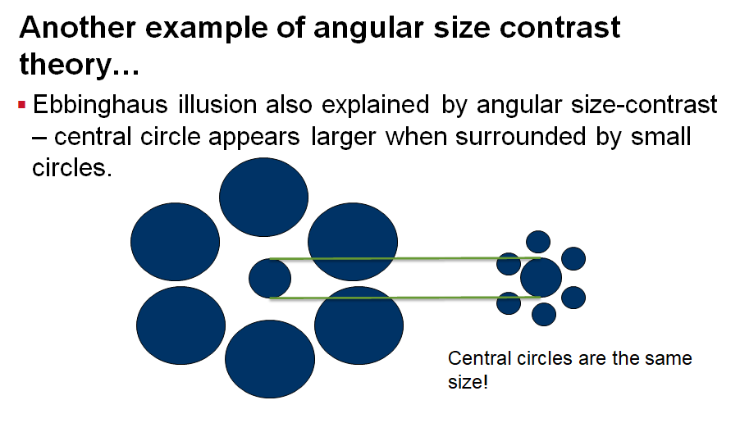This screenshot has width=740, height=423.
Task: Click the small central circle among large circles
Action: click(x=269, y=277)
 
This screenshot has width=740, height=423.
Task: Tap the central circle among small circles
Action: click(x=541, y=276)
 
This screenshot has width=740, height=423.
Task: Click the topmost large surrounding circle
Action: click(x=264, y=197)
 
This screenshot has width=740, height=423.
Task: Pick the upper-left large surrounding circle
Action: click(x=175, y=241)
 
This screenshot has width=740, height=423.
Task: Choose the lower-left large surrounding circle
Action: click(x=180, y=325)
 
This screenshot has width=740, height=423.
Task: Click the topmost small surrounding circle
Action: click(x=538, y=241)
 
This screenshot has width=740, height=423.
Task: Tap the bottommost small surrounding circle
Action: click(x=544, y=314)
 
